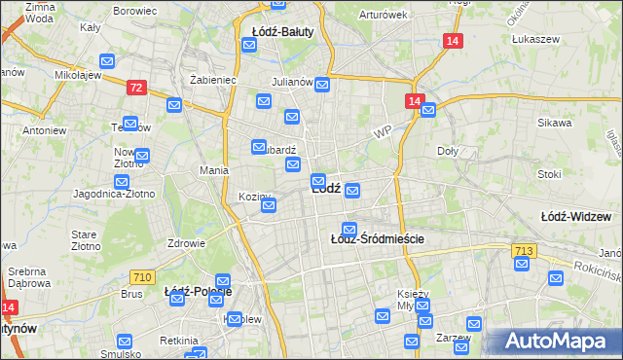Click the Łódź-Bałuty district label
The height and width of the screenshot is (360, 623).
click(277, 32)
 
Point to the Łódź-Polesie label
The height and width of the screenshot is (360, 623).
click(198, 292)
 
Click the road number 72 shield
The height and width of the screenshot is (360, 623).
click(136, 88)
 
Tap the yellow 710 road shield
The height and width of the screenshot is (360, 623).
click(142, 277)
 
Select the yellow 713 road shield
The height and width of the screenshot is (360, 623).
click(523, 252)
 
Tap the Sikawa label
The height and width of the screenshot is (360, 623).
click(554, 124)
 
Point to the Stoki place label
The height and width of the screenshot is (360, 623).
click(549, 175)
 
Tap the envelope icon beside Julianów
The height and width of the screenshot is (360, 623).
click(322, 85)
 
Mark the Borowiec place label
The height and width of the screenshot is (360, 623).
click(135, 11)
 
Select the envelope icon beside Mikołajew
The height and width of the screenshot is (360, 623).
click(107, 61)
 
